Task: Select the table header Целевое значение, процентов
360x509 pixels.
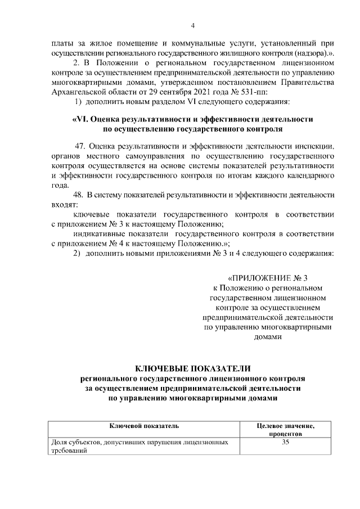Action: pyautogui.click(x=286, y=430)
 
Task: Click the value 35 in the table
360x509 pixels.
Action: pyautogui.click(x=286, y=443)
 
